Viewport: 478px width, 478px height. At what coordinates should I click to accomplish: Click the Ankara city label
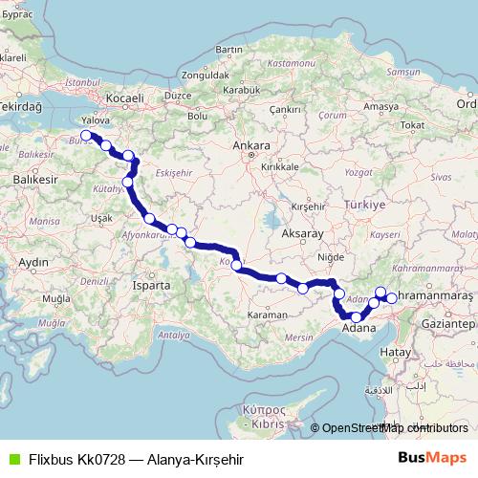251,146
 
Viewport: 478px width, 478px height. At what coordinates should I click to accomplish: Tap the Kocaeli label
124,98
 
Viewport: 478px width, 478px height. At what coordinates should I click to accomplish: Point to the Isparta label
152,285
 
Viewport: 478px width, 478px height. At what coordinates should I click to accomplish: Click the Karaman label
269,315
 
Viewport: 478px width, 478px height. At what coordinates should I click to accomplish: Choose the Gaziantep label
452,325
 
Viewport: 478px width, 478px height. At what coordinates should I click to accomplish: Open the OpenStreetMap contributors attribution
393,428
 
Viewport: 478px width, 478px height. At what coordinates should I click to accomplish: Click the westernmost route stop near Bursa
87,136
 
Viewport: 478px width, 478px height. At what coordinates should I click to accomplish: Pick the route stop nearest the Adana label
357,317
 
